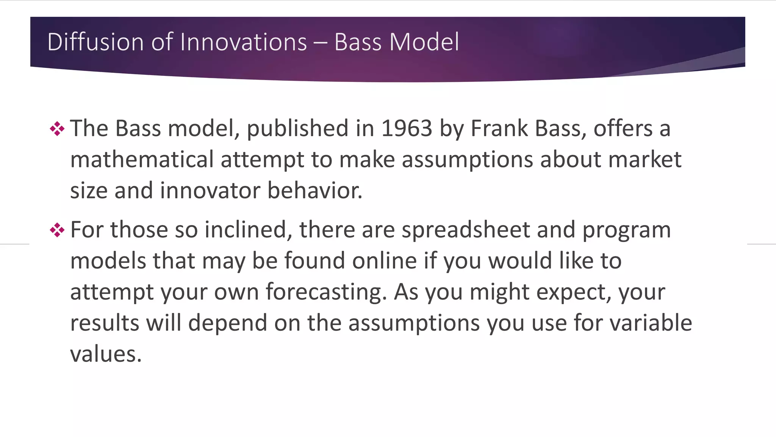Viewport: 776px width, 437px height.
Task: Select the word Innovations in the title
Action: [x=243, y=42]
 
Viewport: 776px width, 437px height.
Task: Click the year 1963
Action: [x=407, y=128]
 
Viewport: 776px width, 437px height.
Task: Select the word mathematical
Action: [x=142, y=159]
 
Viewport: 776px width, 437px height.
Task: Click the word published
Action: [x=297, y=128]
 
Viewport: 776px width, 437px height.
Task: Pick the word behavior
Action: [x=315, y=190]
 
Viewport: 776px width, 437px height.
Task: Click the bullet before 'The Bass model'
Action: [x=57, y=129]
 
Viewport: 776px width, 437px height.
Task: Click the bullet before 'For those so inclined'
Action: [x=57, y=230]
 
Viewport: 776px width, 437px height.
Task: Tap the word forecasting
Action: [x=326, y=292]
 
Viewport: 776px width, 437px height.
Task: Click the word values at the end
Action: [x=106, y=354]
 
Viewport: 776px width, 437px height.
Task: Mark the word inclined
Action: [x=249, y=230]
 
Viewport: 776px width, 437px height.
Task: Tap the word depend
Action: [x=228, y=323]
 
